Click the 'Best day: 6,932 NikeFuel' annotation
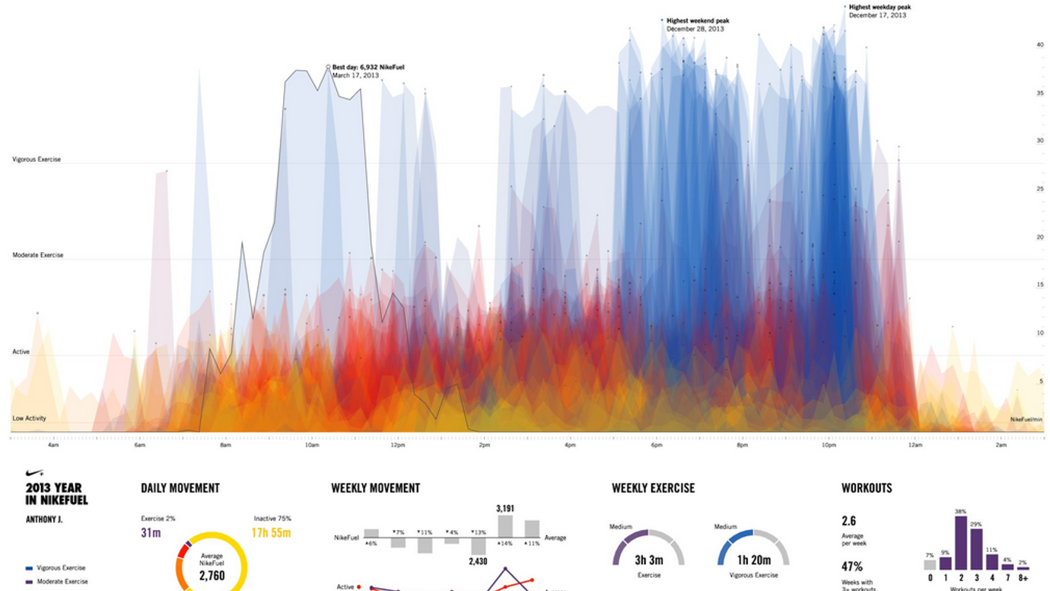tap(367, 67)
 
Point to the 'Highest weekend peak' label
tap(697, 21)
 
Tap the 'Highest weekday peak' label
tap(880, 7)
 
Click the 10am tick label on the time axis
tap(312, 445)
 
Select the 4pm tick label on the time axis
tap(570, 445)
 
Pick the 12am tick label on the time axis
tap(915, 445)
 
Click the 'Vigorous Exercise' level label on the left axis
tap(37, 159)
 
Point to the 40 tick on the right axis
tap(1039, 45)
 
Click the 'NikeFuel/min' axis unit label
tap(1026, 419)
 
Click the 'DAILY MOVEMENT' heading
tap(180, 488)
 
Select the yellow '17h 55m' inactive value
tap(272, 533)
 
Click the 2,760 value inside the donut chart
tap(212, 576)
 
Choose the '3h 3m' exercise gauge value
tap(648, 561)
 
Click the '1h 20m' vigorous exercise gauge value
tap(753, 561)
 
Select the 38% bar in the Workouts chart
tap(961, 543)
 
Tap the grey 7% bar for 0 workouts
tap(930, 565)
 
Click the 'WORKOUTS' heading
tap(867, 488)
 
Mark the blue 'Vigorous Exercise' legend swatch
tap(29, 568)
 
